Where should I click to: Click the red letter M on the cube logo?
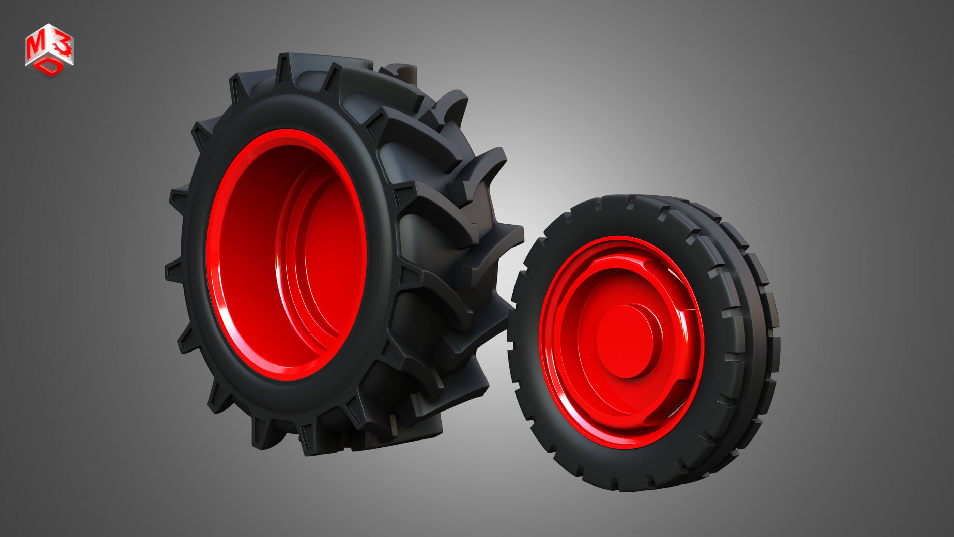(x=34, y=46)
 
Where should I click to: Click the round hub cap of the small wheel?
(x=625, y=341)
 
